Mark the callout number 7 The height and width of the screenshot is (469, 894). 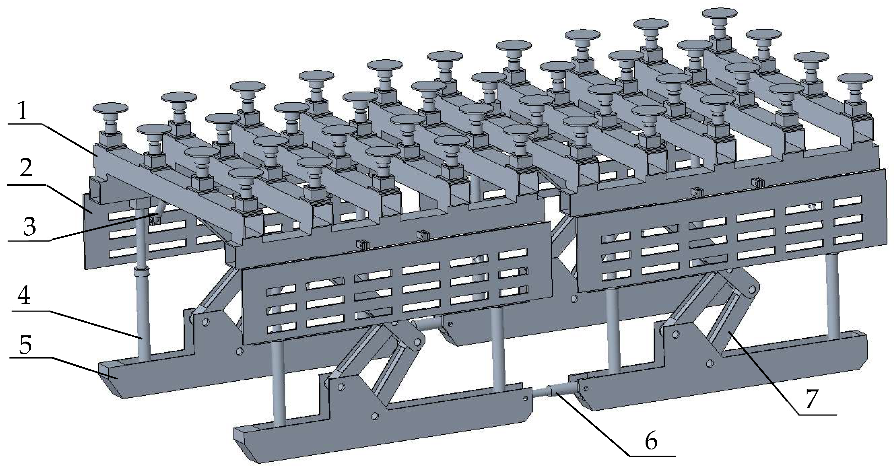[812, 399]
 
